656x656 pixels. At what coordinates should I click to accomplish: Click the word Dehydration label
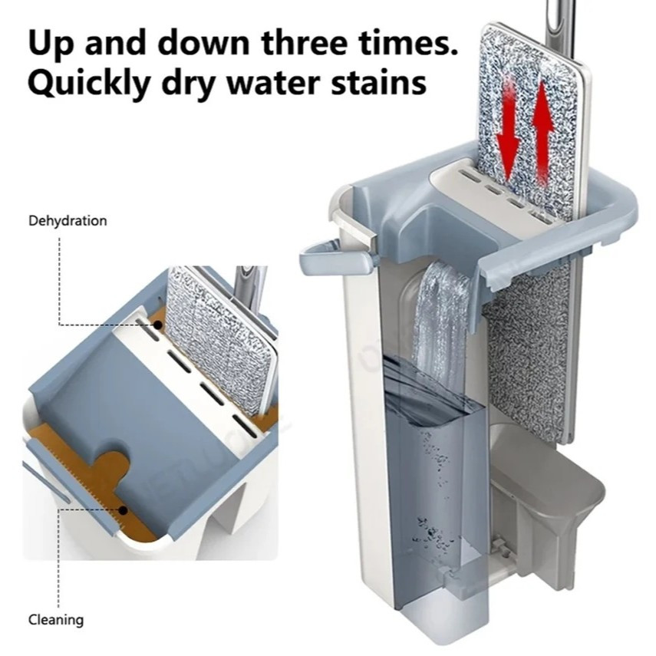(x=68, y=220)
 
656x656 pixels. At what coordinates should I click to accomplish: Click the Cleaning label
(x=56, y=620)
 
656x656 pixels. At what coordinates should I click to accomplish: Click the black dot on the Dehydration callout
(x=158, y=325)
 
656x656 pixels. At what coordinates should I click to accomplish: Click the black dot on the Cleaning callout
(x=123, y=510)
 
